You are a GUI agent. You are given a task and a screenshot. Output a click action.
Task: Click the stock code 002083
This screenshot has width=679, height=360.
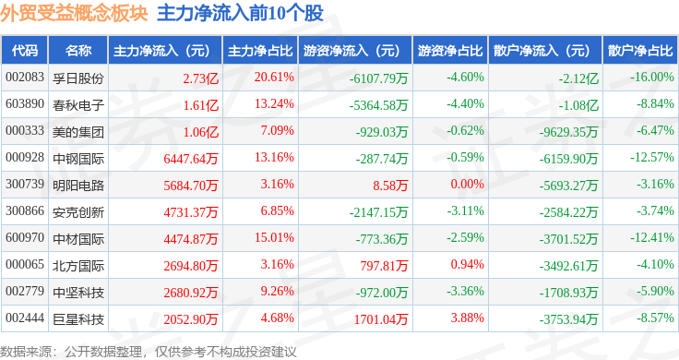[25, 78]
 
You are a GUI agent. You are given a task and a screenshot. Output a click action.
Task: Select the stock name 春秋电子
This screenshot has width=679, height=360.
[78, 105]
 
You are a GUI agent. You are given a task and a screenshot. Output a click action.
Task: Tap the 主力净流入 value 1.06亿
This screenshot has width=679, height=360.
[201, 132]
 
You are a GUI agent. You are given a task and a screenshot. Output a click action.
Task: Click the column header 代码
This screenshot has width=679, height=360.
[25, 51]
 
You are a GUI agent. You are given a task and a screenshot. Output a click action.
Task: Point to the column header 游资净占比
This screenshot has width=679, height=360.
[450, 51]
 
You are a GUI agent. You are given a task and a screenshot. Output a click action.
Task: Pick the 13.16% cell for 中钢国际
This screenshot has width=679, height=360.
[274, 157]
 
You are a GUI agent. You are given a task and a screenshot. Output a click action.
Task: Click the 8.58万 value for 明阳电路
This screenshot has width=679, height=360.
[390, 186]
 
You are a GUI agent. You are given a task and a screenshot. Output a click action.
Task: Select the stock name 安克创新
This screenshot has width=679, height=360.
[78, 211]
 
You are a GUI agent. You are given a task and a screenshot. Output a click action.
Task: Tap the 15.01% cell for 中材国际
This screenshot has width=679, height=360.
[274, 238]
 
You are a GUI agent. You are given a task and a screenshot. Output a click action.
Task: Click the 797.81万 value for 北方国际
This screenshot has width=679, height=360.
[384, 266]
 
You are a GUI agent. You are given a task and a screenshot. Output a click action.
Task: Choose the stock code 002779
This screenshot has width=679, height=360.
[25, 291]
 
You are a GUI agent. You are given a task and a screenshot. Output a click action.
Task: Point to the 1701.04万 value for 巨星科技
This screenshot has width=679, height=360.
[381, 319]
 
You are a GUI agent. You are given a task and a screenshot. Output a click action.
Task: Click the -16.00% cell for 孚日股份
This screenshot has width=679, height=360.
[652, 78]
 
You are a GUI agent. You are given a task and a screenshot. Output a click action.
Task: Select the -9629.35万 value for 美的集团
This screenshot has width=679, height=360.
[568, 132]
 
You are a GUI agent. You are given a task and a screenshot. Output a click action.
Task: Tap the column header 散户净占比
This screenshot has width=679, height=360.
[640, 51]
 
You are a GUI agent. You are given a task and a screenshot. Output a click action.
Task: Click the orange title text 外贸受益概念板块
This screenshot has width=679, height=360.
[74, 14]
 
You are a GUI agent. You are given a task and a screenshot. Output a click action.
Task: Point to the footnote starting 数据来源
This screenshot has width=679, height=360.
[149, 352]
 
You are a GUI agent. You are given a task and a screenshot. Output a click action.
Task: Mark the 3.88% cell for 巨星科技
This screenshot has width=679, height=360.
[467, 318]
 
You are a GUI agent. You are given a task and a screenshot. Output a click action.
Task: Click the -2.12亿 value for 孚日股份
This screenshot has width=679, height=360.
[578, 78]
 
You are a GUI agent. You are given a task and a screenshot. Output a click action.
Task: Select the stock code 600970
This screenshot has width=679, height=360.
[25, 238]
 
